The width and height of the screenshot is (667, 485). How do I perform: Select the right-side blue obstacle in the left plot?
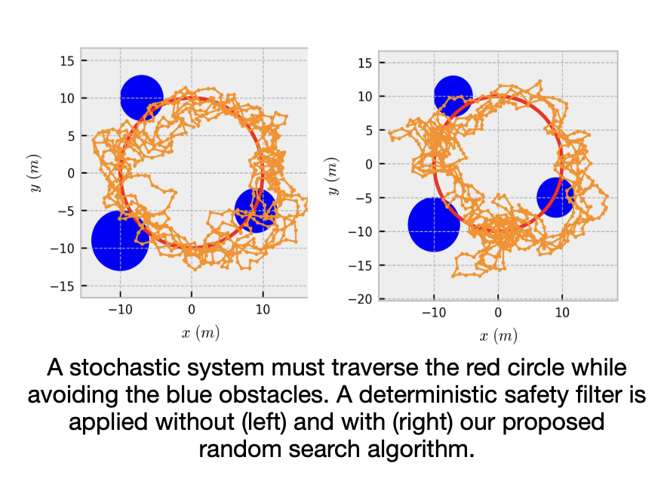(x=256, y=209)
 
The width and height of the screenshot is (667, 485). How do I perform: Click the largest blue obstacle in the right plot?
(x=434, y=224)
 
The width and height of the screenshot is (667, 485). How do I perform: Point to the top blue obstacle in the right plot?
(x=453, y=96)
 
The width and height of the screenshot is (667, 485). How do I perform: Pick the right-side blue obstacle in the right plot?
(x=555, y=197)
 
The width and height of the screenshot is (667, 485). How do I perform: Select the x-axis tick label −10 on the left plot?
(x=119, y=309)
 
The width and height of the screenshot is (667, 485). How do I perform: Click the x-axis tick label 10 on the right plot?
(x=562, y=313)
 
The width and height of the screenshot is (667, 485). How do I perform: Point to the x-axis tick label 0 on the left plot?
(x=192, y=309)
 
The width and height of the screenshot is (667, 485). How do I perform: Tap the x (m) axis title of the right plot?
(x=498, y=335)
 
